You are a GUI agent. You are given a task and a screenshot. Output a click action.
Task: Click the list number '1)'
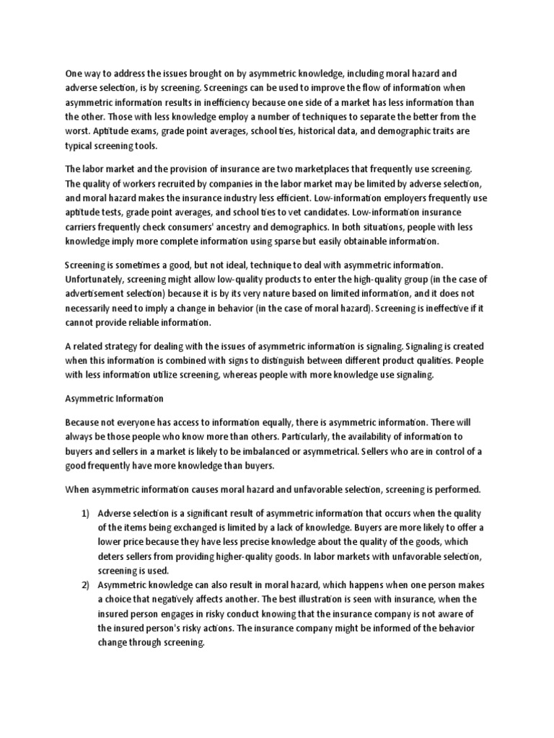85,512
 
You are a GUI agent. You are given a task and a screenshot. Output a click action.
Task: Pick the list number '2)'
85,584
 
